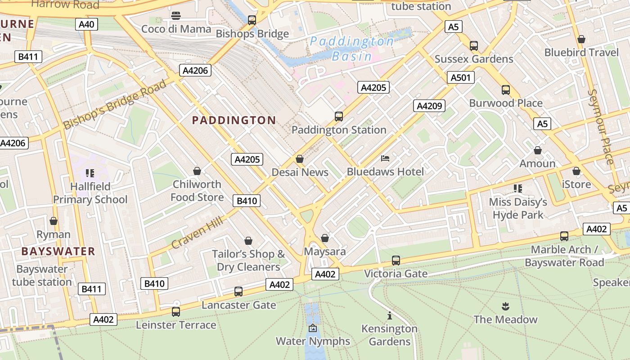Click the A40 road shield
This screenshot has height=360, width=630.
click(x=86, y=24)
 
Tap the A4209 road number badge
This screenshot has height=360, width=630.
click(x=429, y=106)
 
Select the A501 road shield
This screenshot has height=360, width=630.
click(x=461, y=78)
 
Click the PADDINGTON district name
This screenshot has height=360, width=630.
click(x=234, y=120)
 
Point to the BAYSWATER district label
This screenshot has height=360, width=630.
click(x=58, y=251)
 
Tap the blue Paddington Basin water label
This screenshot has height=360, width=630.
click(x=352, y=49)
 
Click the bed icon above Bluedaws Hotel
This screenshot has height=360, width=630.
click(x=385, y=158)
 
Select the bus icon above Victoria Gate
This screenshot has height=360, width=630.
click(x=396, y=260)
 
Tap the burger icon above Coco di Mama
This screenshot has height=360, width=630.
click(x=176, y=16)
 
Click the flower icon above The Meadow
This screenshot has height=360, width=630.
click(x=505, y=306)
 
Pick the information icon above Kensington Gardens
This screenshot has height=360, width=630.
click(x=390, y=315)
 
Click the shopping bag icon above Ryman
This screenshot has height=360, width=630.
click(x=54, y=221)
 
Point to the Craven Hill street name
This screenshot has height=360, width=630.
click(x=197, y=230)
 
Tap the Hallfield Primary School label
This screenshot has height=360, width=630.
click(x=90, y=193)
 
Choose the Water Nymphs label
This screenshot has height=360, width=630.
click(x=313, y=341)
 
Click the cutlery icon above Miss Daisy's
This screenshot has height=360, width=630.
click(x=518, y=188)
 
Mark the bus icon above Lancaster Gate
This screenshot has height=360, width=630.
click(x=238, y=292)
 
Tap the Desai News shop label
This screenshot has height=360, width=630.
click(x=300, y=172)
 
